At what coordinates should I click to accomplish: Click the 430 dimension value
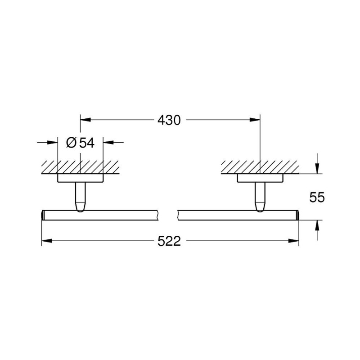[169, 120]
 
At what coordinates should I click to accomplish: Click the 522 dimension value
[169, 242]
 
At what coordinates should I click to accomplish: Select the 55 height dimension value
[317, 197]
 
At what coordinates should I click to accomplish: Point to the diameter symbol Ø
[72, 143]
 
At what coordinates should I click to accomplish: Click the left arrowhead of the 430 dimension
[85, 120]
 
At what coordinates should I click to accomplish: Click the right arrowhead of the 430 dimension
[256, 120]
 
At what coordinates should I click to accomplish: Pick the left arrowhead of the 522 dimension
[46, 241]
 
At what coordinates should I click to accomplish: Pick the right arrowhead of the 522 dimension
[295, 241]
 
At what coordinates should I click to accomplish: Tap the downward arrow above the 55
[317, 169]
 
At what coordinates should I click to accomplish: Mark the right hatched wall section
[260, 167]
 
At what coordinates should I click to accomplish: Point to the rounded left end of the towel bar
[43, 215]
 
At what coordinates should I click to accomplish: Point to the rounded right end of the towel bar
[297, 215]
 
